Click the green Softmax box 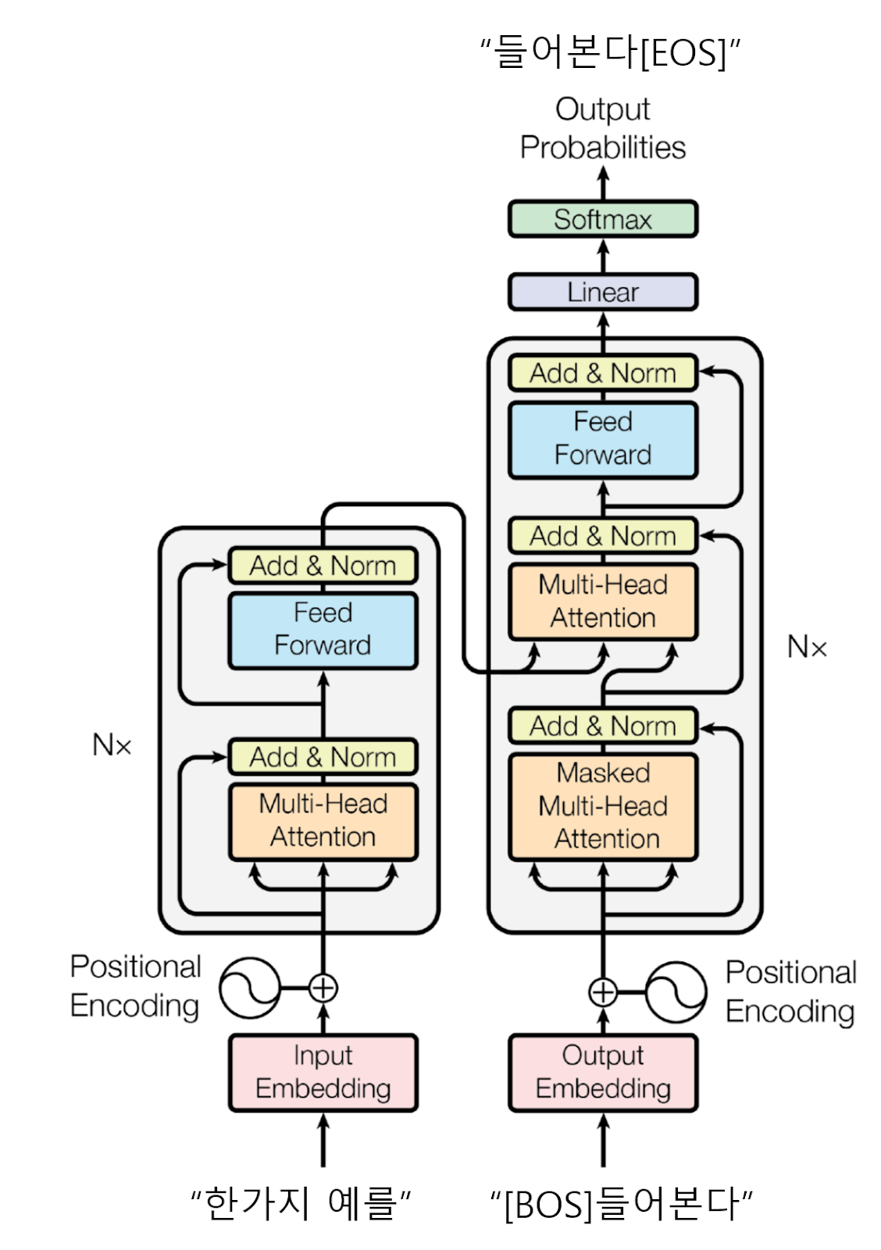pos(602,220)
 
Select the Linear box pos(602,292)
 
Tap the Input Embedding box pos(323,1072)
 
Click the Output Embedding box pos(602,1072)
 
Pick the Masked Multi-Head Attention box pos(602,806)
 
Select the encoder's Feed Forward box pos(323,630)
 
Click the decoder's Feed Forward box pos(602,439)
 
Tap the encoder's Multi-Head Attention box pos(323,821)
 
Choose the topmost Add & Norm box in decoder pos(602,373)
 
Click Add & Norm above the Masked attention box pos(602,726)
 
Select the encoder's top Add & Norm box pos(323,566)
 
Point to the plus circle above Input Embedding pos(323,988)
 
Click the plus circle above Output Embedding pos(602,992)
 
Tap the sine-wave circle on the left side pos(249,988)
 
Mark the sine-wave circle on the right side pos(676,992)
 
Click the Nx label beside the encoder pos(112,745)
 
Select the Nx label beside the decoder pos(807,648)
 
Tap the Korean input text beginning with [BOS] pos(621,1204)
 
